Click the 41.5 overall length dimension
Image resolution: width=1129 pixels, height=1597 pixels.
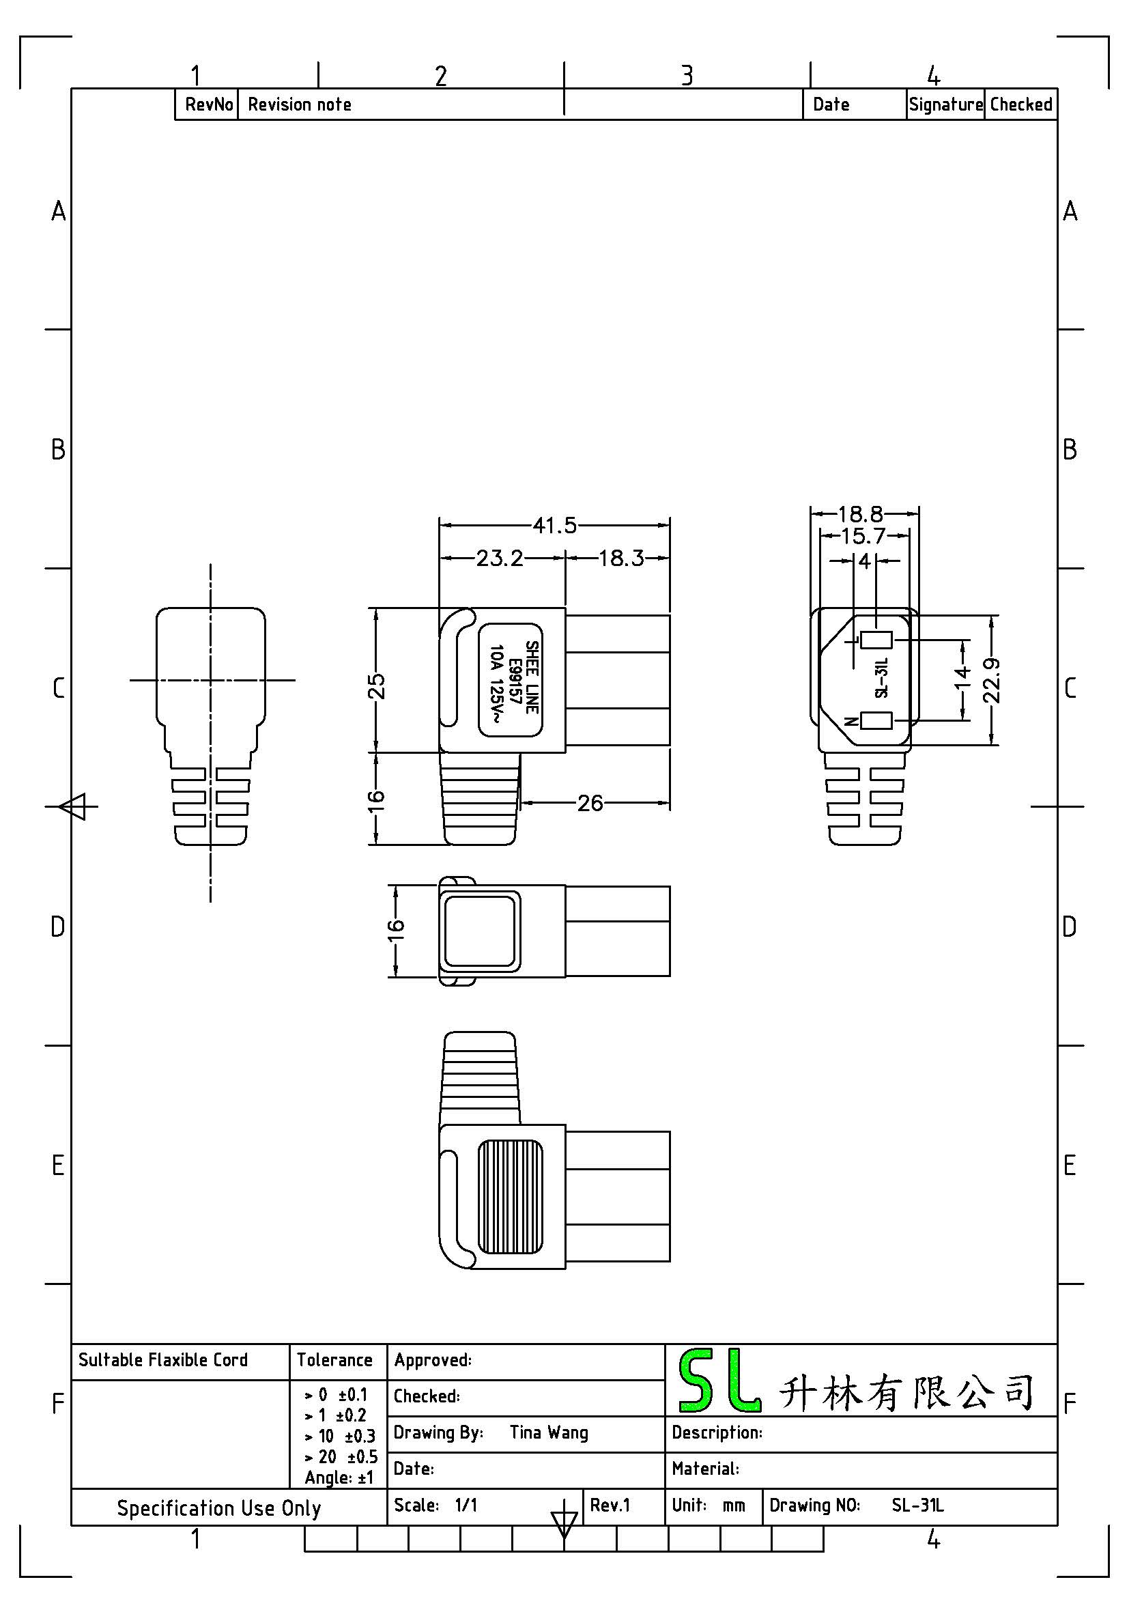[555, 525]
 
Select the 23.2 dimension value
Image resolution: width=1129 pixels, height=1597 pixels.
[499, 558]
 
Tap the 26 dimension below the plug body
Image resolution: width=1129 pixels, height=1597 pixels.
[590, 804]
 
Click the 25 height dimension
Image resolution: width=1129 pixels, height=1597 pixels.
[376, 686]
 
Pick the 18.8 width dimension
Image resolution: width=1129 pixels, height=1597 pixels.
[861, 514]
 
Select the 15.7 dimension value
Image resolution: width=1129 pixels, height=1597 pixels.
[863, 536]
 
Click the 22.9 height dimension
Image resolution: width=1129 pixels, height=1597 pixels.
[992, 680]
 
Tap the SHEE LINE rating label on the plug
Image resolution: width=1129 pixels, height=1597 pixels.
[511, 679]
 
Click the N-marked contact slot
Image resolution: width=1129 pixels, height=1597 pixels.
[876, 720]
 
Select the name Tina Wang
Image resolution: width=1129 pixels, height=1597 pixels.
[549, 1433]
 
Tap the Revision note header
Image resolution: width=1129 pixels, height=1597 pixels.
[300, 104]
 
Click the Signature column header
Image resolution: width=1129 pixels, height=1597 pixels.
[946, 105]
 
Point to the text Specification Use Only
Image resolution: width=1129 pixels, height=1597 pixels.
[219, 1509]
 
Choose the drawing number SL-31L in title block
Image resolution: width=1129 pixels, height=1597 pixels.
[917, 1506]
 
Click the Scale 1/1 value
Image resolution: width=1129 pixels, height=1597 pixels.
[466, 1506]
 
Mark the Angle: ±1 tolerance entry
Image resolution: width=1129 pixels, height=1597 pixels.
[339, 1478]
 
